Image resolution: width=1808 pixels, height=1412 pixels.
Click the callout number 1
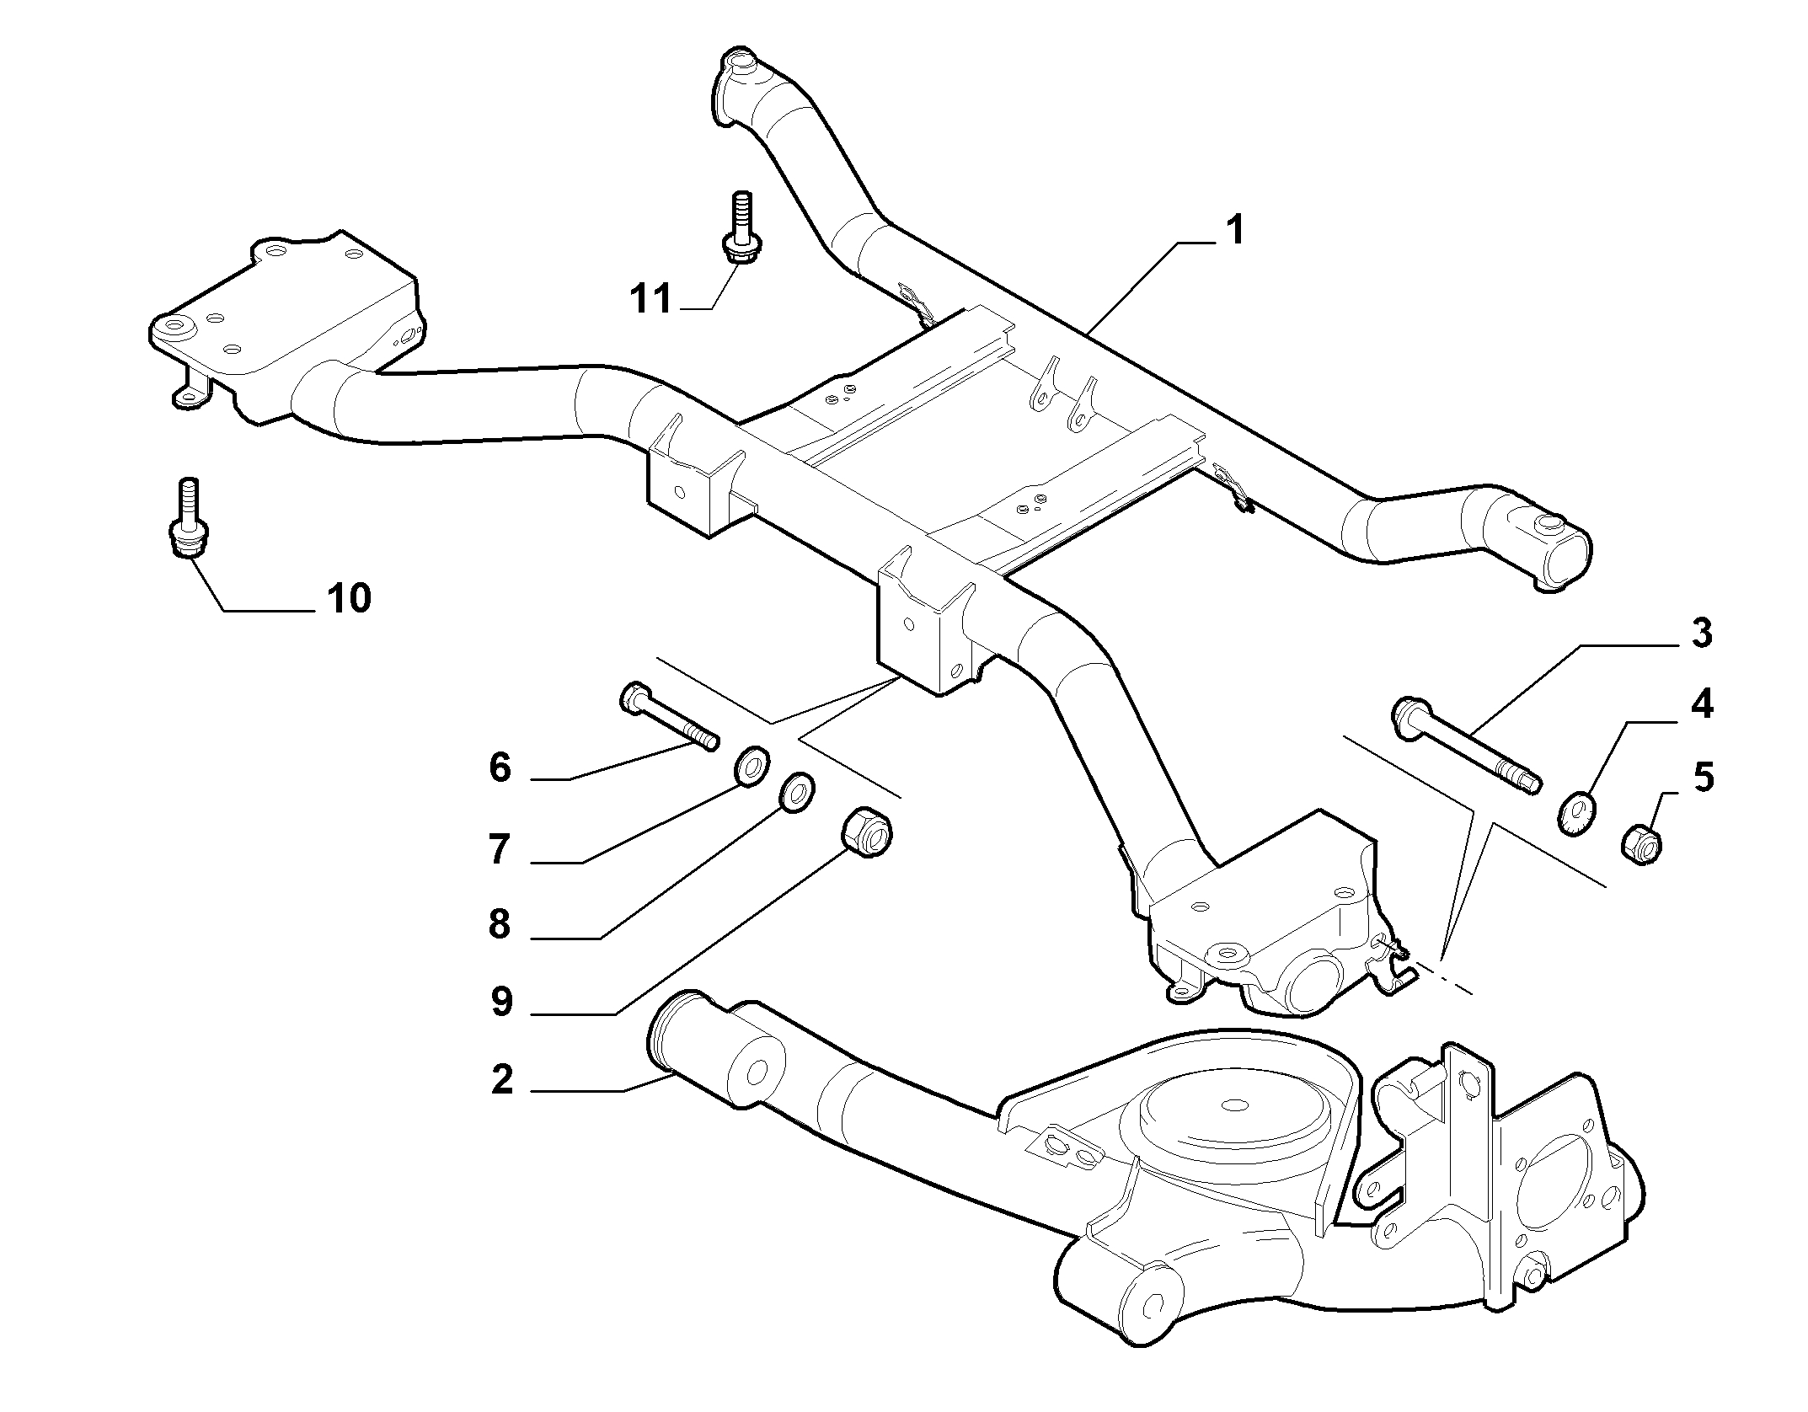pos(1234,230)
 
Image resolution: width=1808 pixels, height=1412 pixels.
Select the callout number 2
pos(502,1080)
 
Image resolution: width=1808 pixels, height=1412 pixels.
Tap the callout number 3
pos(1702,634)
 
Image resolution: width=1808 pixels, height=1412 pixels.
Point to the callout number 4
pos(1702,704)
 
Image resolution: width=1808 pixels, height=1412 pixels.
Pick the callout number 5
pos(1703,778)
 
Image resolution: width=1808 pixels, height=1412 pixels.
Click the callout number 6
pos(500,768)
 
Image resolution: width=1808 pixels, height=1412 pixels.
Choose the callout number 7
pos(500,850)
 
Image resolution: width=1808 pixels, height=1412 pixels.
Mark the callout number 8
pos(500,925)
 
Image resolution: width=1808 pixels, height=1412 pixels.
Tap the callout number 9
pos(501,1002)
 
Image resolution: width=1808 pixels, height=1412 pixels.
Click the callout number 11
pos(651,299)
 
